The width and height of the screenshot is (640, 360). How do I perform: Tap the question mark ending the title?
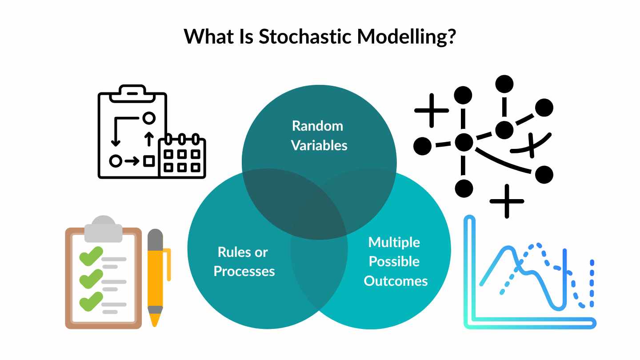[449, 36]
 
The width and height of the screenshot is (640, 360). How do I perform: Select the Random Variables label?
[318, 136]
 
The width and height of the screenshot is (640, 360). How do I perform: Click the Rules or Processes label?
[244, 262]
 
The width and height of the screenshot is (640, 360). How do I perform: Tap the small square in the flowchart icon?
[149, 160]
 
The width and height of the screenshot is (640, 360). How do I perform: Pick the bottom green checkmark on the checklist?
[90, 302]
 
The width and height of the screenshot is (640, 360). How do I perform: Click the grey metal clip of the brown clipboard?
[103, 229]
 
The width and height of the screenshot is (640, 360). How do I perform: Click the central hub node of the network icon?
[464, 143]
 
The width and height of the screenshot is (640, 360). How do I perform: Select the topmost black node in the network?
[504, 84]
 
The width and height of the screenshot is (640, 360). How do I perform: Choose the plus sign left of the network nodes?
[432, 110]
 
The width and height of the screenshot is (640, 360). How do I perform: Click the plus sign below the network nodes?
[507, 201]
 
